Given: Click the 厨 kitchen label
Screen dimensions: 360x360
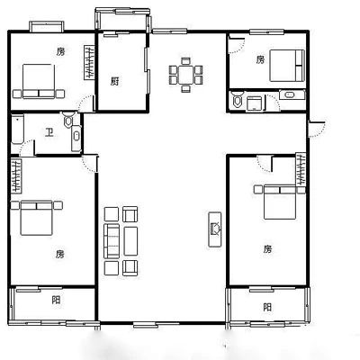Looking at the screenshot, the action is [x=114, y=81].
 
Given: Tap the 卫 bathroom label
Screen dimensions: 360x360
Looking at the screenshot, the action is [x=49, y=132].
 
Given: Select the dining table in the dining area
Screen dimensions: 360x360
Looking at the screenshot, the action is [x=186, y=75].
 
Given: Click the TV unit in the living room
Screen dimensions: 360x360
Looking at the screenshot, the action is [x=215, y=229].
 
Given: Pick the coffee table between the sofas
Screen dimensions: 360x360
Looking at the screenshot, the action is [x=130, y=241].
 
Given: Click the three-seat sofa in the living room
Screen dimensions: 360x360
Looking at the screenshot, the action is [x=112, y=241].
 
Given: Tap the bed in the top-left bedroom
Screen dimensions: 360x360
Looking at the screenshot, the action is [x=39, y=81].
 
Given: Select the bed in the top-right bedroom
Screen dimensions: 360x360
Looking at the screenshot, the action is [x=287, y=66].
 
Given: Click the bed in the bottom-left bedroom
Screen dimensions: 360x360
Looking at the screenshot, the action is [x=37, y=218].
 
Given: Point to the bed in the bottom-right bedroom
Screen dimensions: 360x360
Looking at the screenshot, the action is [x=280, y=202].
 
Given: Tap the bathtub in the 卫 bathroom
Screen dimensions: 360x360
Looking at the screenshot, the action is [x=18, y=129].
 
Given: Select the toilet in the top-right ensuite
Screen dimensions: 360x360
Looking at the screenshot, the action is [x=238, y=100].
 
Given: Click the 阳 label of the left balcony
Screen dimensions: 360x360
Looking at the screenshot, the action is [x=56, y=300].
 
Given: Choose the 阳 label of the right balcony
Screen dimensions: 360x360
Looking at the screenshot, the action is [x=267, y=307].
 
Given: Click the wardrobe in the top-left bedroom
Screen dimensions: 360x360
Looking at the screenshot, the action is [x=89, y=62].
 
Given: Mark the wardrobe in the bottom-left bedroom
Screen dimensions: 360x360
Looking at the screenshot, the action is [x=16, y=175].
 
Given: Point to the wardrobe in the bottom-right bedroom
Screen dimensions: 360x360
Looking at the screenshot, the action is [x=301, y=169].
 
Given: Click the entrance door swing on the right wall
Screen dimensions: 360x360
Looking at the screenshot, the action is [x=317, y=130].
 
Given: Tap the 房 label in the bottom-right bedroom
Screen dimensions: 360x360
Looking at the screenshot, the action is [x=267, y=248].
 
